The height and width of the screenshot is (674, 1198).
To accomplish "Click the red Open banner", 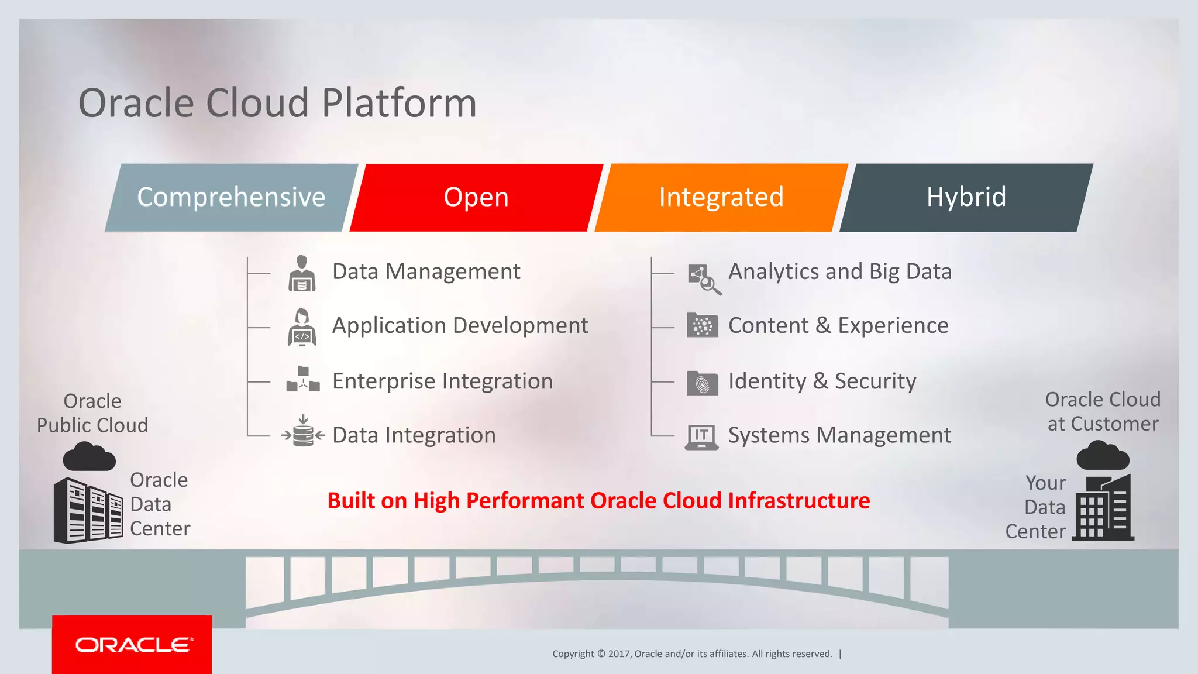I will coord(476,198).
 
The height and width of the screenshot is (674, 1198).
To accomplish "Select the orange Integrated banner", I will coord(721,198).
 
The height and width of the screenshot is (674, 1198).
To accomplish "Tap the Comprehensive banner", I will coord(231,198).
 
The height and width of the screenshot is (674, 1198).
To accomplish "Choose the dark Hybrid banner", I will coord(966,198).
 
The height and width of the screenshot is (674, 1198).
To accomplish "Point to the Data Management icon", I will coord(302,273).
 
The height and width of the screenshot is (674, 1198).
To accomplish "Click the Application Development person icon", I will coord(302,327).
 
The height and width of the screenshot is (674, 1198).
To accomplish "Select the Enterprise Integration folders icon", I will coord(303,380).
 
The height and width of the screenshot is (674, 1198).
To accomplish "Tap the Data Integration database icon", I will coord(303,432).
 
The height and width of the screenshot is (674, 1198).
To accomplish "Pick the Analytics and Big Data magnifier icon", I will coord(704,279).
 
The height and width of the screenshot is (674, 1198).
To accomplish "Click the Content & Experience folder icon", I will coord(702,325).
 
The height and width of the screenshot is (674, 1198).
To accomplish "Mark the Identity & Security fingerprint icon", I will coord(702,383).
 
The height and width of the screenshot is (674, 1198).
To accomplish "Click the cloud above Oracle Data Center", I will coord(89,457).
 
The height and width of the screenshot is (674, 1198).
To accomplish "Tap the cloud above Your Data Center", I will coord(1102,456).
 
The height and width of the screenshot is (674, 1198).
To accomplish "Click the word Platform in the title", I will coord(399,104).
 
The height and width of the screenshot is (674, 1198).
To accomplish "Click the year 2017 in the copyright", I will coord(618,654).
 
